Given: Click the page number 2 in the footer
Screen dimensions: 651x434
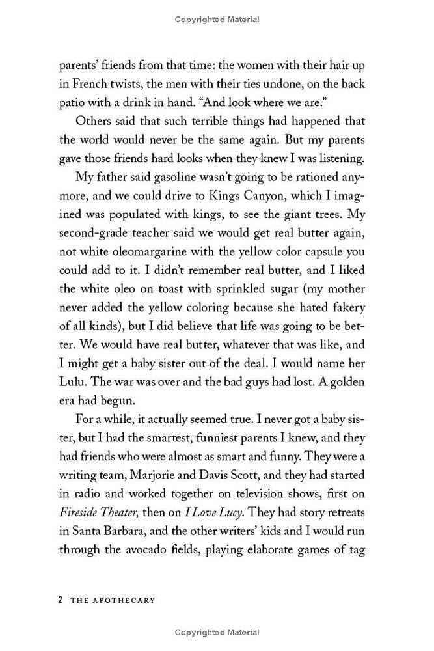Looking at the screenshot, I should (61, 600).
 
